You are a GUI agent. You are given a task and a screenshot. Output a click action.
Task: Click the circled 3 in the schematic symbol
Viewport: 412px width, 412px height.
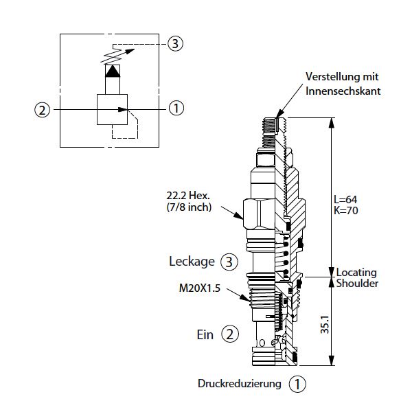click(176, 44)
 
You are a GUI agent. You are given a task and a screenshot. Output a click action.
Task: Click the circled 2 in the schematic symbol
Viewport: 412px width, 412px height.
click(43, 108)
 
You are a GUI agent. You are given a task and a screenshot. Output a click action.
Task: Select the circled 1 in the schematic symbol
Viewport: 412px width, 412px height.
click(176, 108)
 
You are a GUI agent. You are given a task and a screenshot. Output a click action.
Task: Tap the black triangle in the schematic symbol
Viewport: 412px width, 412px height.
click(111, 70)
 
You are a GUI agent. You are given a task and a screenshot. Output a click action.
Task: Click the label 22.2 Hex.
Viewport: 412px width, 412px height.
click(182, 195)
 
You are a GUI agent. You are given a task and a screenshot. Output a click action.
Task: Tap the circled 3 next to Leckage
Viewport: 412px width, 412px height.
click(230, 262)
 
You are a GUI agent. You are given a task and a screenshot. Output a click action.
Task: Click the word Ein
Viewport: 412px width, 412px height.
click(205, 334)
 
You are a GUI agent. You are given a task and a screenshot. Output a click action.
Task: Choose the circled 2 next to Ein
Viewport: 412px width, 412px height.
click(230, 334)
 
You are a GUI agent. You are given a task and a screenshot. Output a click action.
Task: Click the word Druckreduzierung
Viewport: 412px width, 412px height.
click(240, 384)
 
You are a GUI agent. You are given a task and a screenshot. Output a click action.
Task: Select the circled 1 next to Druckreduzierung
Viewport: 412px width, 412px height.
click(297, 384)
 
